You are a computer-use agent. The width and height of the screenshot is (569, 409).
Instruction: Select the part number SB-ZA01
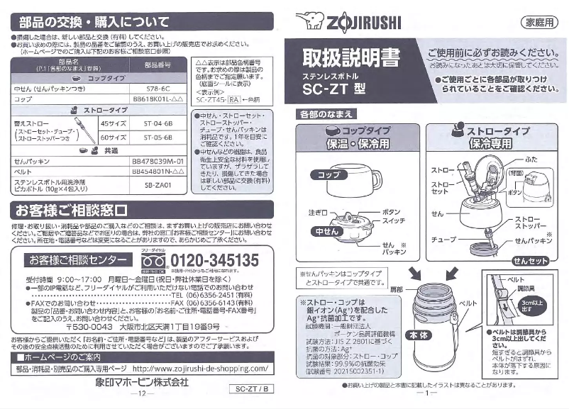(x=158, y=184)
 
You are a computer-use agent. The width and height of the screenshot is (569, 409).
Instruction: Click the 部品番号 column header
(x=158, y=65)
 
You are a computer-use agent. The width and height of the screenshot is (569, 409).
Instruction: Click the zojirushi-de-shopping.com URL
(x=200, y=369)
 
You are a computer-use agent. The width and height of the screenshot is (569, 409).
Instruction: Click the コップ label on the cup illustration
(x=327, y=174)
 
